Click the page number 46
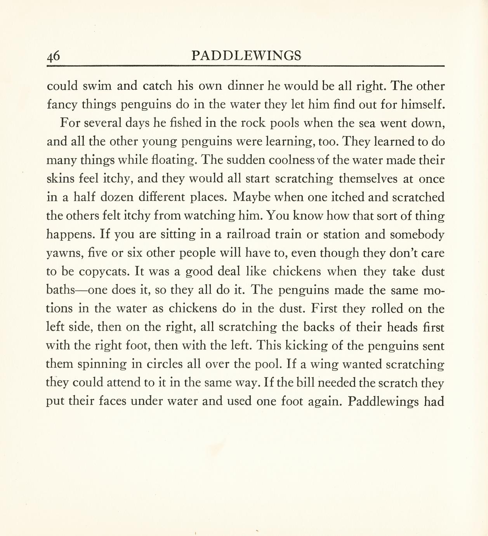[54, 56]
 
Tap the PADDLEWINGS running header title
[247, 56]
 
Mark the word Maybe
[252, 197]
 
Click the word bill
[307, 383]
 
